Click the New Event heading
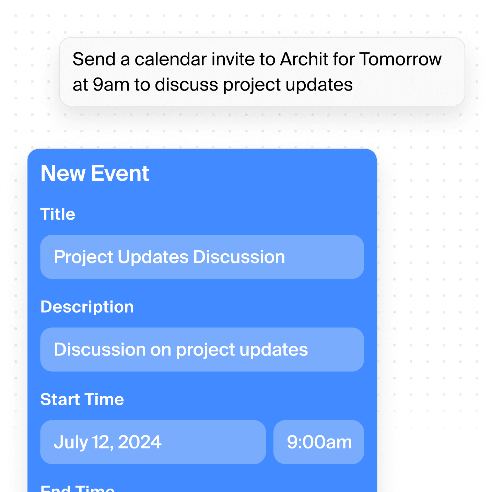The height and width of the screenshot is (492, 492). [95, 173]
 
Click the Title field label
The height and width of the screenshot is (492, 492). [58, 214]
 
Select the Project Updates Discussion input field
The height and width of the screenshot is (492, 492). [202, 257]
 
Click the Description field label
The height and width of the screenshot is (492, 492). [87, 307]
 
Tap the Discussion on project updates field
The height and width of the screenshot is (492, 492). [202, 350]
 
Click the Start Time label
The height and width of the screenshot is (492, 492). [82, 399]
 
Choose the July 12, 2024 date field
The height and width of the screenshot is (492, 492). [153, 442]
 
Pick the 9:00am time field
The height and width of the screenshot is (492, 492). [319, 442]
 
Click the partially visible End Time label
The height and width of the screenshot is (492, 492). [78, 488]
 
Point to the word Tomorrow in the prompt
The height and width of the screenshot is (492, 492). [400, 59]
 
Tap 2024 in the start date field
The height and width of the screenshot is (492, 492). [140, 442]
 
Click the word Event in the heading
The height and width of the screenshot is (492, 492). [120, 173]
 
